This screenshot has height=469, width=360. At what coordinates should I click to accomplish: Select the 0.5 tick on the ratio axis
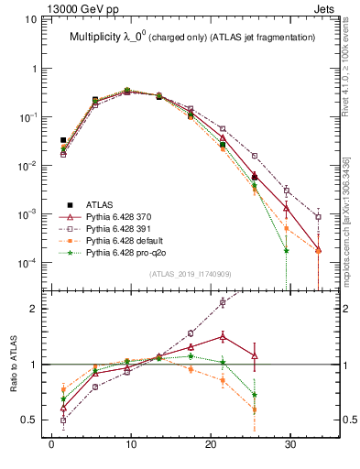(29, 420)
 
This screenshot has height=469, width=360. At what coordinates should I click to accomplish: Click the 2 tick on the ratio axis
(35, 309)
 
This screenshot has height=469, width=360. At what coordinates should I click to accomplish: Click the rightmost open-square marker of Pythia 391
(318, 217)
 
